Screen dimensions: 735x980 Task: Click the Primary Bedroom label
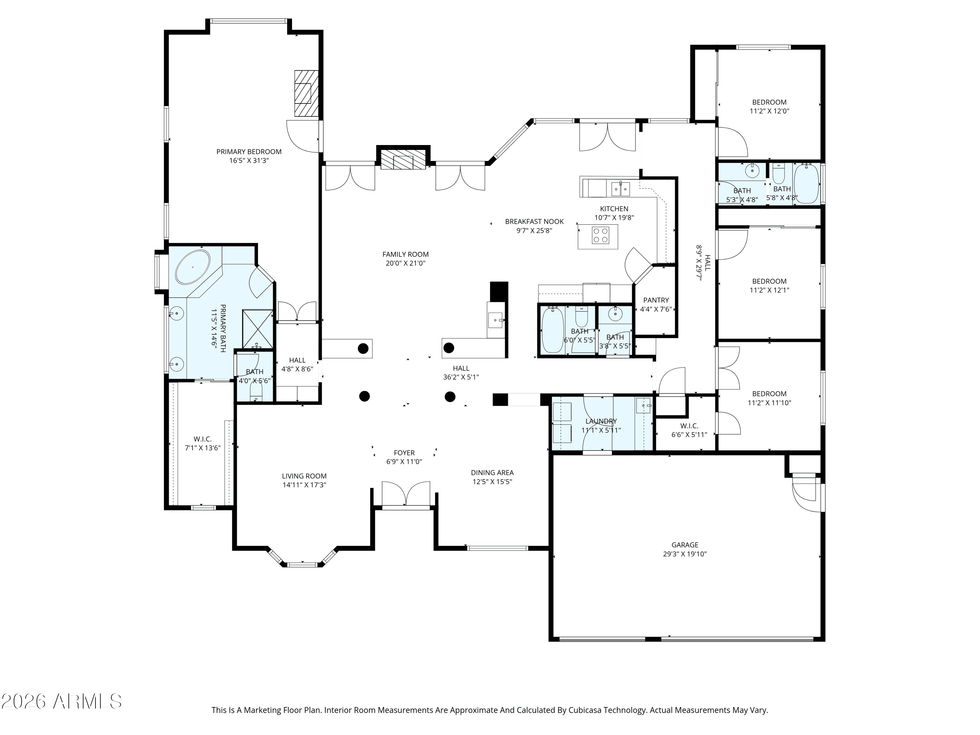click(x=249, y=152)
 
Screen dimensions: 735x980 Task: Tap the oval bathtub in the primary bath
click(x=193, y=267)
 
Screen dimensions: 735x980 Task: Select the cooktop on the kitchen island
click(x=600, y=235)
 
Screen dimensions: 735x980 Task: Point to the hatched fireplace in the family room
click(x=403, y=162)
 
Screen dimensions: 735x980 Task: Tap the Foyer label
click(x=404, y=453)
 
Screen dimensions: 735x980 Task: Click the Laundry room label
click(x=601, y=421)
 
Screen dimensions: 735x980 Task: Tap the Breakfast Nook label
click(x=534, y=221)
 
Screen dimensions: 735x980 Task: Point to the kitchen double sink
click(x=620, y=189)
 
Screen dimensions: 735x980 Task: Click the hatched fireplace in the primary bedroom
click(x=306, y=93)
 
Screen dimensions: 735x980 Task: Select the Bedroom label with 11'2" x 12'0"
click(x=769, y=102)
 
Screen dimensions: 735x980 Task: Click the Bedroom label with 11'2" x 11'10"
click(x=769, y=394)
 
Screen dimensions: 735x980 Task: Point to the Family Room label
click(x=405, y=254)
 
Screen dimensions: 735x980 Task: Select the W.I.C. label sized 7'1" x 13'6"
click(x=203, y=439)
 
